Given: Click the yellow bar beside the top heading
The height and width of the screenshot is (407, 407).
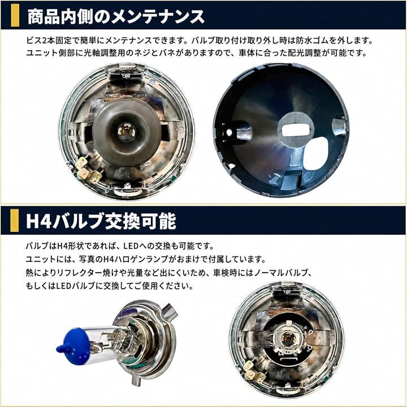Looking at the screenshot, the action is coord(15,15).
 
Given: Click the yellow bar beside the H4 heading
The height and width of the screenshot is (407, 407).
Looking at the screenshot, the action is coord(15,220).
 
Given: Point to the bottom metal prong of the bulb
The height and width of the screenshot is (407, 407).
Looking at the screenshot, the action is coord(135,379).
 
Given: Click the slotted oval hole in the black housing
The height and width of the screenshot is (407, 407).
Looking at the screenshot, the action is coord(296,130).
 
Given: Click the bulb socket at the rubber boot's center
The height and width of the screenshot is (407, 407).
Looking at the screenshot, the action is coord(127,132).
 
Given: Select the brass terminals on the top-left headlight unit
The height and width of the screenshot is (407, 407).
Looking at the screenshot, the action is coord(87,171).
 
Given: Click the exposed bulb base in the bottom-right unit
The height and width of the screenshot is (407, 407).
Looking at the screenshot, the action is coord(287,340).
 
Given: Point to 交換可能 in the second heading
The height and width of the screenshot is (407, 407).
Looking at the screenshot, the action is coord(140,221).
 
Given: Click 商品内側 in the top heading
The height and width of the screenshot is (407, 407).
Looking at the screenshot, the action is coord(60,16).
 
